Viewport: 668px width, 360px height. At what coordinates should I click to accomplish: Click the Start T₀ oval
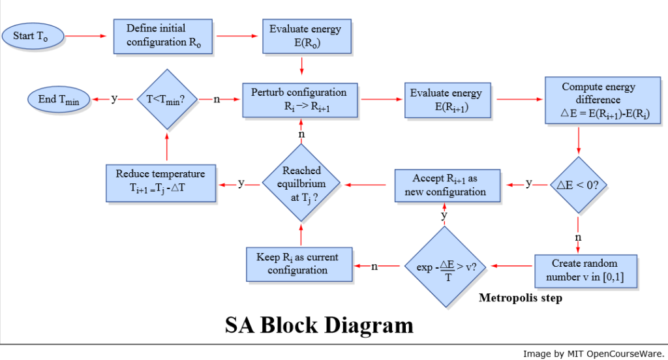pyautogui.click(x=33, y=36)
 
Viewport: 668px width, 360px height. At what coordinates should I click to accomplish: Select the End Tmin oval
pyautogui.click(x=58, y=100)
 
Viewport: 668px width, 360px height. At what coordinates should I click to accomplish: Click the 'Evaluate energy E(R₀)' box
pyautogui.click(x=301, y=36)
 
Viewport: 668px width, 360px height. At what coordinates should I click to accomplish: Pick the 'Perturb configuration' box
pyautogui.click(x=300, y=100)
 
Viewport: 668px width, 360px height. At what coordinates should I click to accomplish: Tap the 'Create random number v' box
pyautogui.click(x=584, y=270)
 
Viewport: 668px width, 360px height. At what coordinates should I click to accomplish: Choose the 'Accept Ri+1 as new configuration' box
pyautogui.click(x=448, y=185)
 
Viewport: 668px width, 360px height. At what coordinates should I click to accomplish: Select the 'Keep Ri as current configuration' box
pyautogui.click(x=299, y=264)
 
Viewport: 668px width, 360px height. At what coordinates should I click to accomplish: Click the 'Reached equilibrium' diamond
pyautogui.click(x=301, y=184)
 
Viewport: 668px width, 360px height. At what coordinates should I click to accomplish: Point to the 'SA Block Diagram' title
pyautogui.click(x=319, y=325)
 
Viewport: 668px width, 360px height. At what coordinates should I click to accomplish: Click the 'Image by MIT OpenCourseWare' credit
pyautogui.click(x=592, y=353)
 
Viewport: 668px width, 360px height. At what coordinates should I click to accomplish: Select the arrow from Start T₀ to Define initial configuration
pyautogui.click(x=87, y=36)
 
